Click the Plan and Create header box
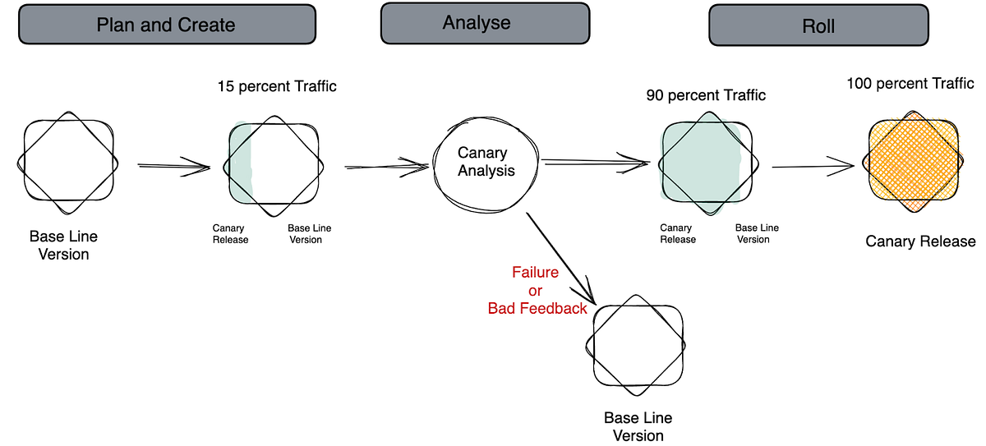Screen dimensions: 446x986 (167, 25)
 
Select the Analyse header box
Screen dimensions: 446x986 (485, 23)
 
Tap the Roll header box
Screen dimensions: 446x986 (818, 26)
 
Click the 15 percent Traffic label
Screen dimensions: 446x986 (277, 86)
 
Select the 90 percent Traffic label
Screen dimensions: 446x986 (706, 95)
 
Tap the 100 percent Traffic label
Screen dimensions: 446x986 (910, 83)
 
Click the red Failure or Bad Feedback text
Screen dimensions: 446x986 (537, 291)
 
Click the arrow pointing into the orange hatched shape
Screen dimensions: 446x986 (813, 167)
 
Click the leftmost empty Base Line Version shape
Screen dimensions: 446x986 (67, 162)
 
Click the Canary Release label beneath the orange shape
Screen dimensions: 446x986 (920, 241)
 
